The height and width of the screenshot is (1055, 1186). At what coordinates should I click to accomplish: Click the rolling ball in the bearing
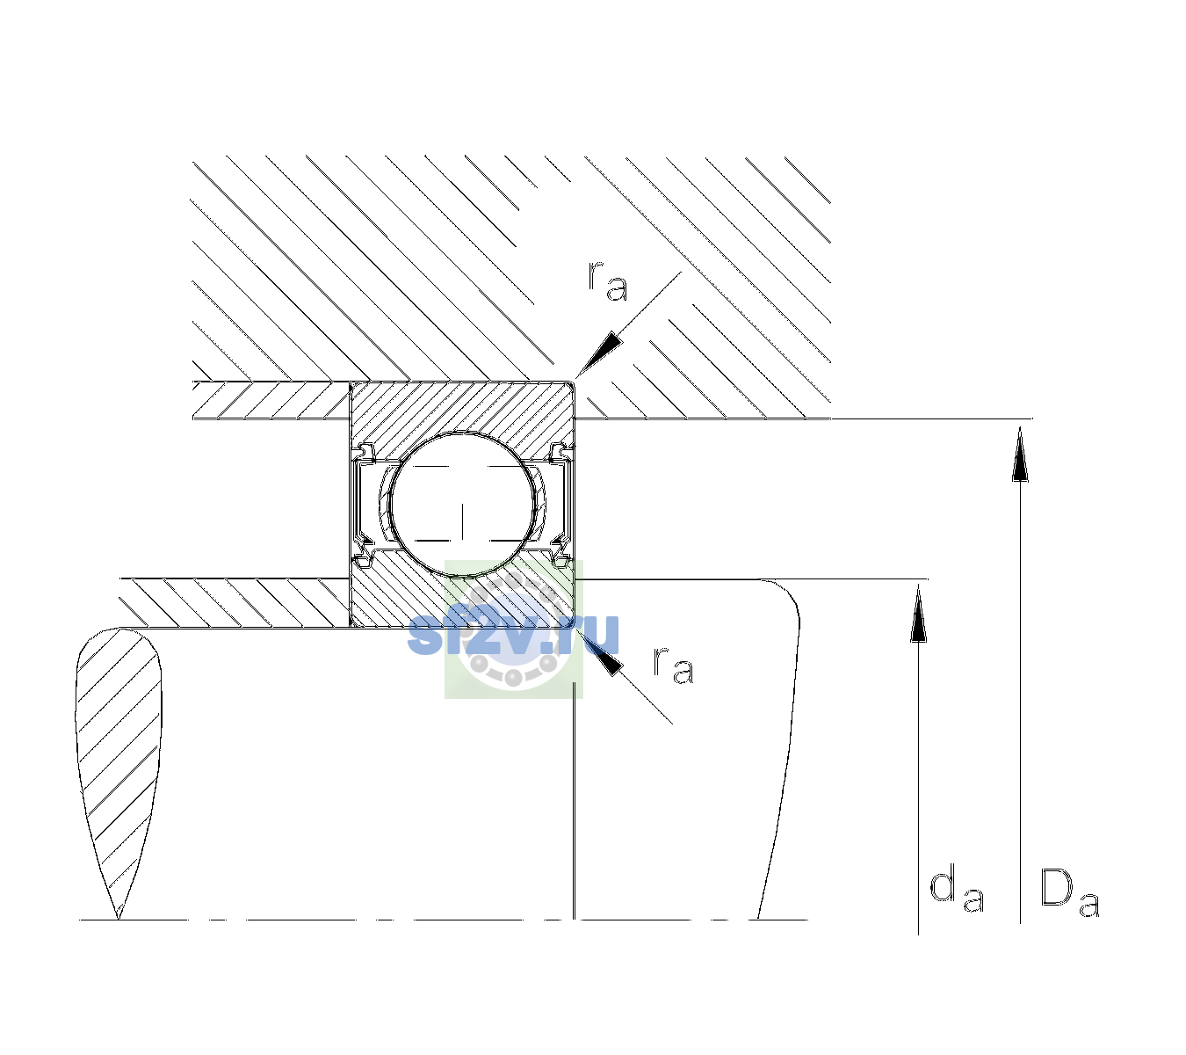(x=462, y=505)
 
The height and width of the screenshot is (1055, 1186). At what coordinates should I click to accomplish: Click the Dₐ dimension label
(x=1069, y=892)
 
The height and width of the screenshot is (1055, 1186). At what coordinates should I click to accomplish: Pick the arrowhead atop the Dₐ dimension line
(x=1020, y=454)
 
